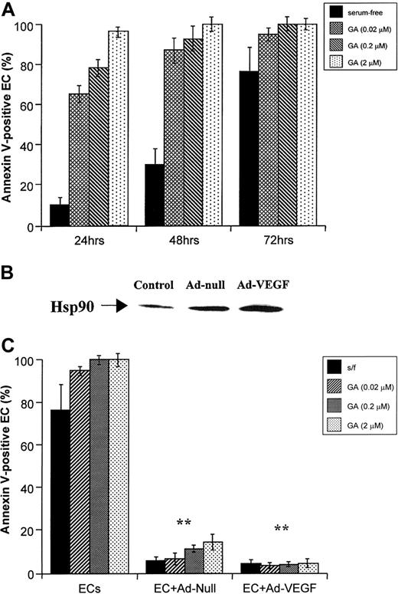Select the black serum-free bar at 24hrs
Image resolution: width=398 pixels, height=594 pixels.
tap(60, 215)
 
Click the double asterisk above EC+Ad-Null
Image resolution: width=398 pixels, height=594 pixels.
tap(184, 523)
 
